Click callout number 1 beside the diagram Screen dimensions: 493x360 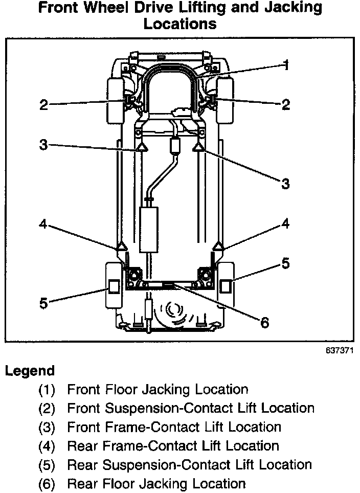[287, 65]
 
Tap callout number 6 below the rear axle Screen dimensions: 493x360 [264, 323]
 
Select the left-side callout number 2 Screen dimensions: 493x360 [43, 105]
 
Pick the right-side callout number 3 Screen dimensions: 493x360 [286, 183]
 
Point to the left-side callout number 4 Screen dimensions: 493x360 [43, 225]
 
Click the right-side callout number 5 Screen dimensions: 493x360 [285, 263]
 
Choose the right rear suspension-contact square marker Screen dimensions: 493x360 [226, 286]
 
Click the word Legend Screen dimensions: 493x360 [30, 371]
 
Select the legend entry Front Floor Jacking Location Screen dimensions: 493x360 [157, 390]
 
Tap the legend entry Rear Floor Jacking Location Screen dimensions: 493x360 [156, 483]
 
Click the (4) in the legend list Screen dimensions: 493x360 [47, 446]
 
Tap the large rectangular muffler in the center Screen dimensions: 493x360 [149, 229]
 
